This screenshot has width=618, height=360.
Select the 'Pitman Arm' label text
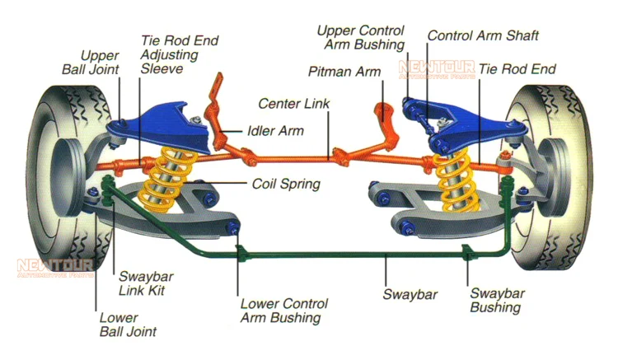(344, 72)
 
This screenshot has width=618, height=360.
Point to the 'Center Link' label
(295, 105)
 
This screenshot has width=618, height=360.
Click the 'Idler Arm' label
(275, 130)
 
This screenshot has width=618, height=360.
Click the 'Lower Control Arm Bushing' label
(283, 311)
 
